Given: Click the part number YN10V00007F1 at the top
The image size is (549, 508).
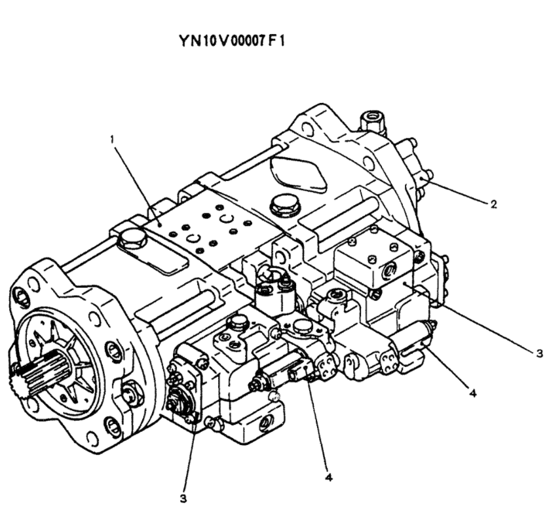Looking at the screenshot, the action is pyautogui.click(x=232, y=41).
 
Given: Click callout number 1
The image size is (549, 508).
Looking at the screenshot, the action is pyautogui.click(x=113, y=140).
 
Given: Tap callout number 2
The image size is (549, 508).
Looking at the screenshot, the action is pyautogui.click(x=493, y=205).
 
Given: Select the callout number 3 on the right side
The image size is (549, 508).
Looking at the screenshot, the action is pyautogui.click(x=540, y=353).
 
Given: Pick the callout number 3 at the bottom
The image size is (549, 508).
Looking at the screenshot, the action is pyautogui.click(x=183, y=499).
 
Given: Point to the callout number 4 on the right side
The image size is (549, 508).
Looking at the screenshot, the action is pyautogui.click(x=472, y=393).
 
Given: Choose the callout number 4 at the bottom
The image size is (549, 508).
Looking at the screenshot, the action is pyautogui.click(x=329, y=477).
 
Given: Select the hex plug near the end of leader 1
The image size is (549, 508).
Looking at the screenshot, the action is pyautogui.click(x=132, y=240).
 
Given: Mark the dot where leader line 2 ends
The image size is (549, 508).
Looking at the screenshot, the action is pyautogui.click(x=424, y=180).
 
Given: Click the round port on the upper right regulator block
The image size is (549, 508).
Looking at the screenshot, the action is pyautogui.click(x=388, y=270).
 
